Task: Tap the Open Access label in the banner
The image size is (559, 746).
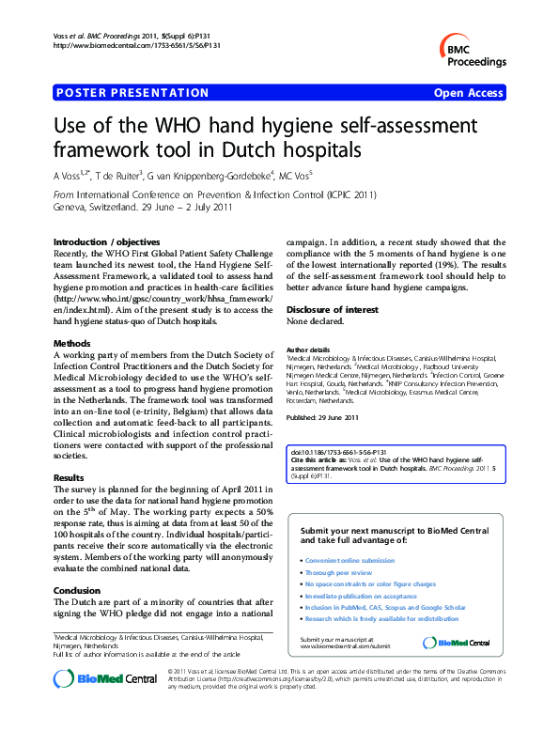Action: [x=468, y=93]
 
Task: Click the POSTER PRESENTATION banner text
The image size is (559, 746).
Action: [x=132, y=93]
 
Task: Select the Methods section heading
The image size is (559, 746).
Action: [x=72, y=344]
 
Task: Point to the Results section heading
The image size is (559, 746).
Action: [x=70, y=478]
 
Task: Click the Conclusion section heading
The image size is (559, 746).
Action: [x=77, y=591]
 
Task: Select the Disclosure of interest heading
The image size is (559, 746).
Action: [x=329, y=309]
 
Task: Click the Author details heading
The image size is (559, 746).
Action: [x=308, y=349]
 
